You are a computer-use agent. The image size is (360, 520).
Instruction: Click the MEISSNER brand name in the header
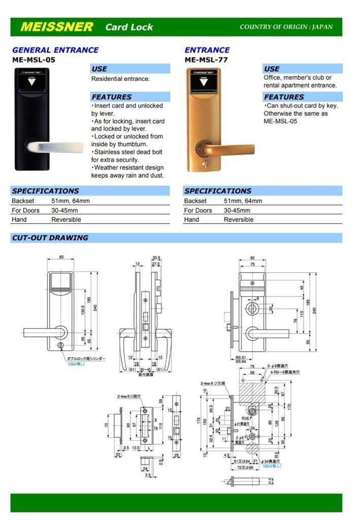point(56,27)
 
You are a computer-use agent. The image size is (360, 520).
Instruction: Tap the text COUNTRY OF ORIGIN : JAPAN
point(286,27)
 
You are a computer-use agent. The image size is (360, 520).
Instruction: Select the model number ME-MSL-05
point(34,59)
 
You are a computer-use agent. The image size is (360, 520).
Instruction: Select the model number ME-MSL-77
point(206,59)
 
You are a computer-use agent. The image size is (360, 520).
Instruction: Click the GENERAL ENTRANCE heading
point(55,50)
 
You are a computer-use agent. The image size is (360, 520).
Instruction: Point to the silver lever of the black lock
point(56,147)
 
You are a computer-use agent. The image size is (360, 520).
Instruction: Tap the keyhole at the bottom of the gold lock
point(206,165)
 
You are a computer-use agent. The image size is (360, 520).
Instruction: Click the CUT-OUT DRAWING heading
point(50,238)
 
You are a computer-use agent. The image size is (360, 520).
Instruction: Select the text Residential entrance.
point(120,79)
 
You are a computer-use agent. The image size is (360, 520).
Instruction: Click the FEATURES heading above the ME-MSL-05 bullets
point(111,97)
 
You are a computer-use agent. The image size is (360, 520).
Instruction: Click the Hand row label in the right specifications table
point(191,219)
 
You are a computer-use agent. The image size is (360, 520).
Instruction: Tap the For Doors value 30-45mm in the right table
point(236,210)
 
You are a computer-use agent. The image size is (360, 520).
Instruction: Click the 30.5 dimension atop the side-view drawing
point(156,258)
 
